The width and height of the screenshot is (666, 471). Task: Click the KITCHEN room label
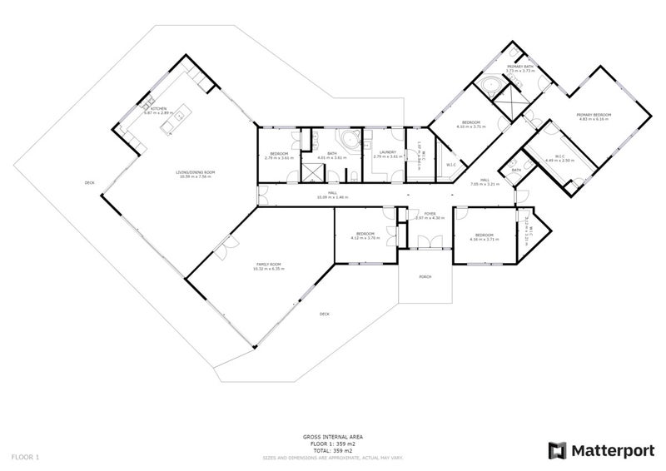click(158, 107)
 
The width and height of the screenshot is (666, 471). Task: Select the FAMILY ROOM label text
click(269, 265)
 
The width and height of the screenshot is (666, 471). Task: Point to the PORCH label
click(425, 277)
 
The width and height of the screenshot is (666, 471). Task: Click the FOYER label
click(430, 214)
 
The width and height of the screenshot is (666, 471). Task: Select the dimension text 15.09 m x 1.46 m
click(331, 197)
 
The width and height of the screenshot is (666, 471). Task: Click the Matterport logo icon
click(556, 450)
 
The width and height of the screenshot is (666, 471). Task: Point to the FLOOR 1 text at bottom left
click(25, 457)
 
